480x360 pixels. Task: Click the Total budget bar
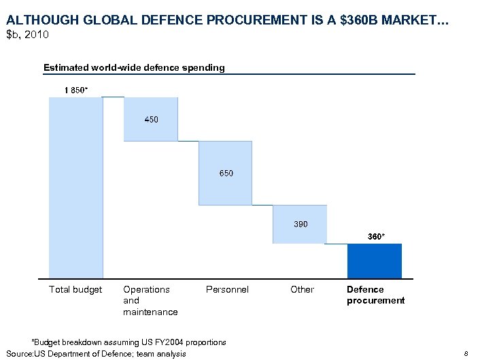coord(75,187)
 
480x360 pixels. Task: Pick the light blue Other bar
coord(299,224)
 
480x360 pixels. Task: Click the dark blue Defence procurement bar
coord(374,261)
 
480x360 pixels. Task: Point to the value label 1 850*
coord(75,91)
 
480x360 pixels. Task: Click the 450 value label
coord(151,120)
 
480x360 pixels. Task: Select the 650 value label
coord(226,174)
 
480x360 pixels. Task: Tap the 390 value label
coord(300,224)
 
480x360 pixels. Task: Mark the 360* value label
coord(376,236)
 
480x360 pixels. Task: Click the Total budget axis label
coord(75,290)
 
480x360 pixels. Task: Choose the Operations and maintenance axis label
coord(150,300)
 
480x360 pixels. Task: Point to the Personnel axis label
coord(227,290)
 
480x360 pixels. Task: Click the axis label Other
coord(302,290)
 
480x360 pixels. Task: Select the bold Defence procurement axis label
coord(375,295)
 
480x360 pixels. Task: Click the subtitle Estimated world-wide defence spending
coord(134,67)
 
